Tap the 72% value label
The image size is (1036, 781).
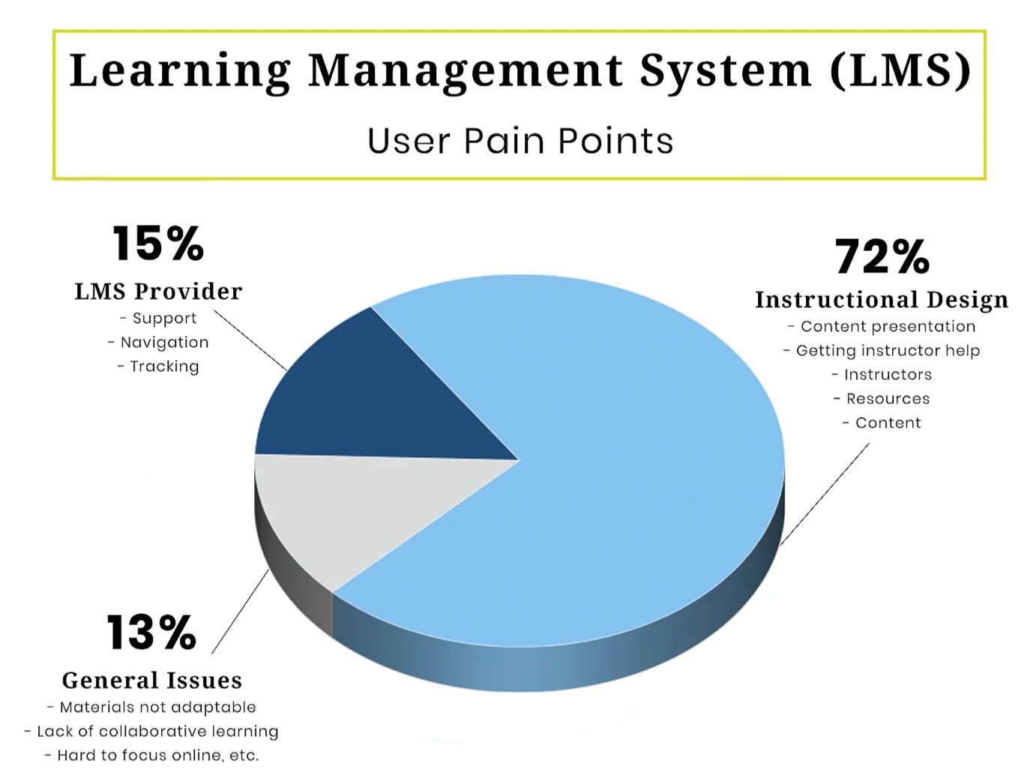[882, 257]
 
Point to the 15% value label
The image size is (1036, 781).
[158, 244]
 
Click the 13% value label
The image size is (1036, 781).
[151, 633]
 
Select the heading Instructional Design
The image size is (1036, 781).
[882, 300]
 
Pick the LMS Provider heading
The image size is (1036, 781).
[158, 292]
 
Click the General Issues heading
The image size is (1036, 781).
[152, 681]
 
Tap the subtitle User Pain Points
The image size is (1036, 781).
[520, 141]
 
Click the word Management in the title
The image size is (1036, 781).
[465, 71]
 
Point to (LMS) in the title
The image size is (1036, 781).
[900, 71]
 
